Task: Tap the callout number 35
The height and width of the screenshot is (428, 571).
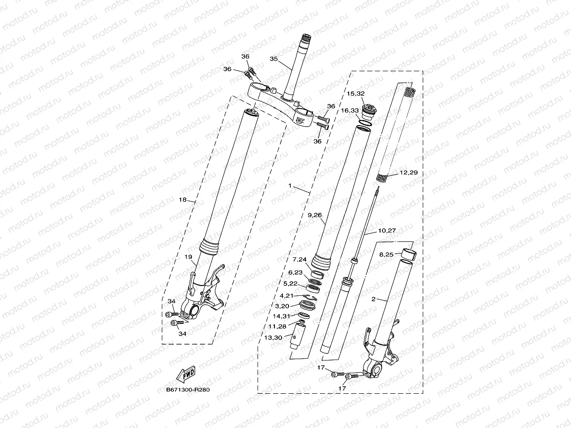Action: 274,59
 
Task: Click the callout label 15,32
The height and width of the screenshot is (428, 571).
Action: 356,93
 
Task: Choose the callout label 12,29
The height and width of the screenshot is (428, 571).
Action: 409,173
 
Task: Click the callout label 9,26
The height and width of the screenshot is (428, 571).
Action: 314,216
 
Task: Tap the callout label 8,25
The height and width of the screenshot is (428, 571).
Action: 386,255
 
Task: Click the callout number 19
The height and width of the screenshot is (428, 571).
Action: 188,257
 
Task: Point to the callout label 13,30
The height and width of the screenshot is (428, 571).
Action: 273,337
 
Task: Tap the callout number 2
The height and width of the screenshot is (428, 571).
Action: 373,298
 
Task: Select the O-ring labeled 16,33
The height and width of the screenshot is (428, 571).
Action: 363,124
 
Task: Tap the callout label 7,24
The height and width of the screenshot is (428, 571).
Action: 299,260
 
